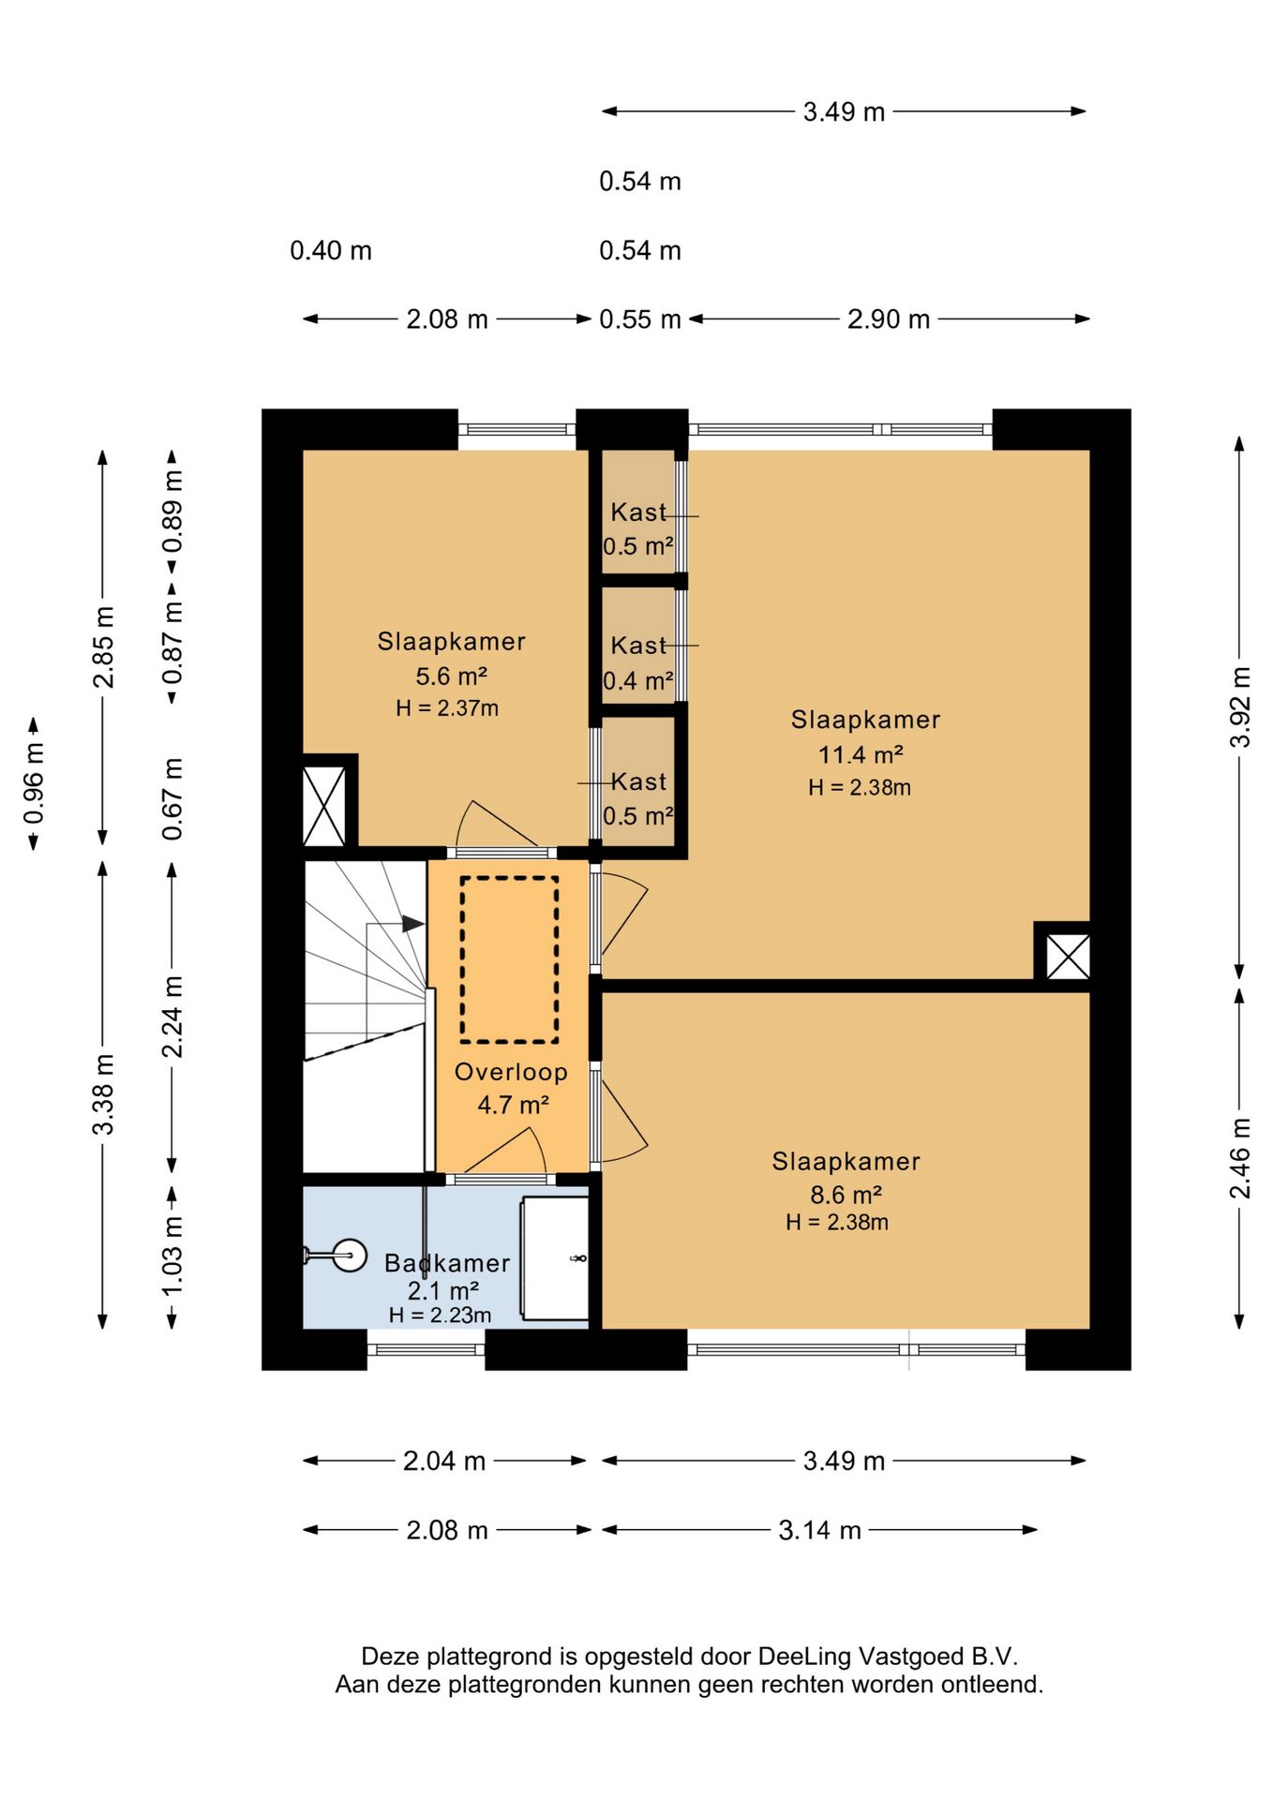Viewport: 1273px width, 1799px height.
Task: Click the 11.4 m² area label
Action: click(x=861, y=754)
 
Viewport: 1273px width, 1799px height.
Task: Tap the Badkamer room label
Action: click(x=447, y=1263)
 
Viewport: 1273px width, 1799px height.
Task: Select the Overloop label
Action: click(x=511, y=1072)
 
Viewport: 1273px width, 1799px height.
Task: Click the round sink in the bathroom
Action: click(x=350, y=1255)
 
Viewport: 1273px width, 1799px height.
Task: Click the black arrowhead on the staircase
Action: click(x=413, y=924)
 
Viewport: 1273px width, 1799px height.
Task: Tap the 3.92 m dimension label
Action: click(x=1240, y=706)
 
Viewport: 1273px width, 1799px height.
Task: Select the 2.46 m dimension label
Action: click(x=1240, y=1158)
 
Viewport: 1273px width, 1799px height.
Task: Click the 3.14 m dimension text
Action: click(x=819, y=1530)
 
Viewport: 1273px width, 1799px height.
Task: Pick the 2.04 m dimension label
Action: click(x=444, y=1461)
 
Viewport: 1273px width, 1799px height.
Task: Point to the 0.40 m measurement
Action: click(x=331, y=250)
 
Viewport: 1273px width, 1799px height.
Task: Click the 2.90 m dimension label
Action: click(x=889, y=320)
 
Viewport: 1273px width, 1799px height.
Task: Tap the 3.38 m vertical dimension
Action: click(x=103, y=1094)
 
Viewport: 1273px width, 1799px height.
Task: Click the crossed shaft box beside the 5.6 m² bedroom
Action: click(x=324, y=807)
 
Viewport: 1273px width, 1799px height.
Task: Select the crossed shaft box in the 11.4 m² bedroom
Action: click(x=1068, y=957)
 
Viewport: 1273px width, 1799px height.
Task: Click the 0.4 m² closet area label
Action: click(x=638, y=681)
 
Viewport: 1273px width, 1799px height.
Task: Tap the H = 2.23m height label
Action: click(x=440, y=1316)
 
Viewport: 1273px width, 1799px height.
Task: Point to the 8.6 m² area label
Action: click(x=846, y=1195)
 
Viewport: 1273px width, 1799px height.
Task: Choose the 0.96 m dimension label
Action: click(x=34, y=783)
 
